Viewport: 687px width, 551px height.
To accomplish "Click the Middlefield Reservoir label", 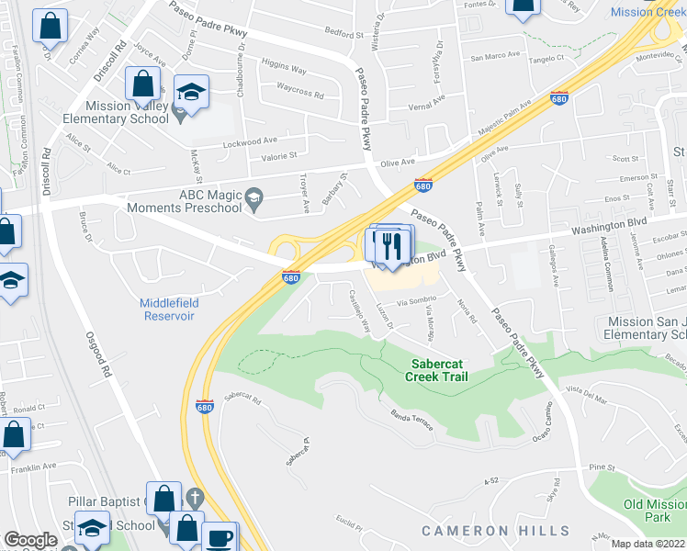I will click(x=167, y=309).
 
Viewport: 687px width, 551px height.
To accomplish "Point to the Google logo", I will click(x=30, y=540).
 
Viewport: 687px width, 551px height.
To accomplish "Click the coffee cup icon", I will click(x=219, y=538).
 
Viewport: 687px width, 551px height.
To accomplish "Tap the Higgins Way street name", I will click(x=284, y=68).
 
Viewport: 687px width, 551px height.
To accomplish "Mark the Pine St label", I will click(x=603, y=467).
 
